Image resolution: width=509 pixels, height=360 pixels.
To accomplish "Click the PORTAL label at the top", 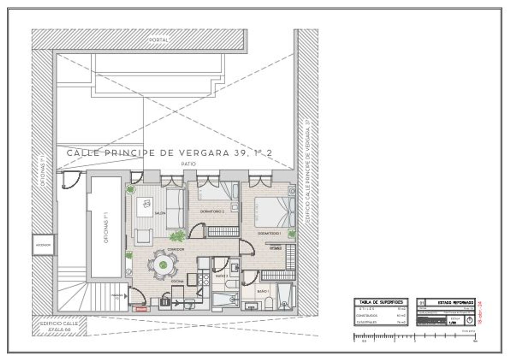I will tap(159, 40).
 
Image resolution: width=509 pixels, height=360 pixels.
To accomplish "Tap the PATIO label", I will tap(189, 164).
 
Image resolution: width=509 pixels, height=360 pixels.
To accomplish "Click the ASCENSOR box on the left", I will tap(43, 245).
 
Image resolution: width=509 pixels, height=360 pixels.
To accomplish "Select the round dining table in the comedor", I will tap(163, 264).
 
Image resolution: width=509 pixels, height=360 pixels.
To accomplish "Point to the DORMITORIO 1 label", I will tap(269, 233).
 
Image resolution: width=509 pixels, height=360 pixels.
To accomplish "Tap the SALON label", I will tap(160, 213).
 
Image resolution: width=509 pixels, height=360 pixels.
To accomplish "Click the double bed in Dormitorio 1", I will tap(275, 212).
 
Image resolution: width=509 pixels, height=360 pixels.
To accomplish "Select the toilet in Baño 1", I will tap(268, 303).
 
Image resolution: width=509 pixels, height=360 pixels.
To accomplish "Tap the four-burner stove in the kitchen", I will tap(204, 279).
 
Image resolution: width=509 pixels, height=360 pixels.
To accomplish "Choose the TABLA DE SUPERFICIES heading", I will tap(381, 302).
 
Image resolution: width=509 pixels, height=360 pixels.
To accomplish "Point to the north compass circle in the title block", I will tap(470, 320).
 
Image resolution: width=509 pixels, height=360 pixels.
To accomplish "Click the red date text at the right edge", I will tap(480, 313).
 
